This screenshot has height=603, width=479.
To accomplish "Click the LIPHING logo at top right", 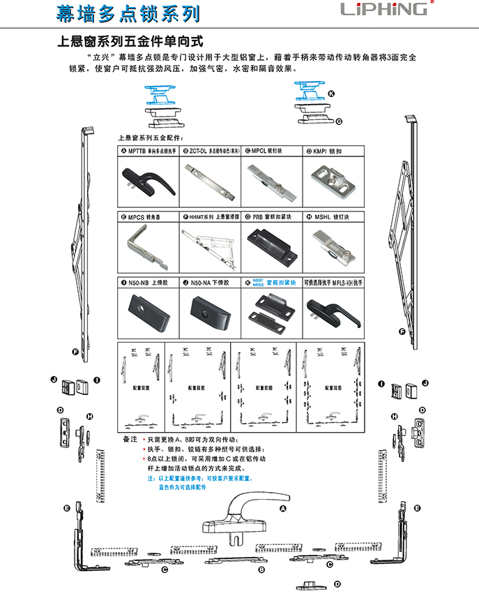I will click(383, 9).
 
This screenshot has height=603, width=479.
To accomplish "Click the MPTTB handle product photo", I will click(144, 179).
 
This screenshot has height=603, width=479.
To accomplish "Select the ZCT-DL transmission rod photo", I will click(208, 178).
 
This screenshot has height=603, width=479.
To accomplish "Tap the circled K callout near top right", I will click(332, 94).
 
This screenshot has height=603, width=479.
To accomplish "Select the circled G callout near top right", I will click(339, 121).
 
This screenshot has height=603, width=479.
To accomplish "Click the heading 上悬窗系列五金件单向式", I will click(132, 43).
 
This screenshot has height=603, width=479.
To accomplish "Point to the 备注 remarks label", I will click(129, 440).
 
